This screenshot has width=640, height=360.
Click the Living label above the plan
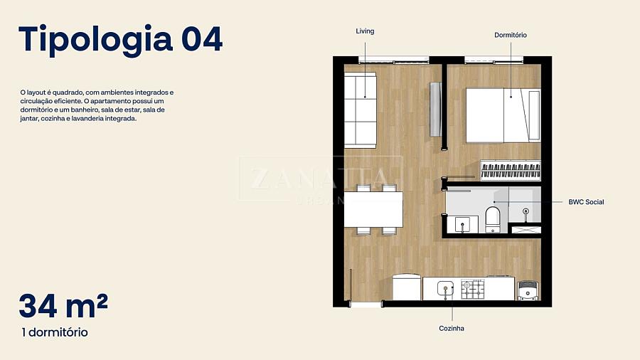point(365,31)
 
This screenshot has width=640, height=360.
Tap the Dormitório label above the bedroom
point(510,35)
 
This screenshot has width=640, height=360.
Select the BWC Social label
point(586,202)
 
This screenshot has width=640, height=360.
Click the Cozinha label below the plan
point(452,328)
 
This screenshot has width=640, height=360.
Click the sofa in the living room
point(360,110)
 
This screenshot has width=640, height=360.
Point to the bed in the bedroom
point(503,115)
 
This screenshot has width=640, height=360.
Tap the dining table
point(373,209)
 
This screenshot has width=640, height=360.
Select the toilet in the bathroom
point(493,220)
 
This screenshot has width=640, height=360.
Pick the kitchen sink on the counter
point(446,289)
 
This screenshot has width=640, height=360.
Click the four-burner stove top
point(473,289)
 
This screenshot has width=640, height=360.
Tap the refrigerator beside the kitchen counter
point(407,287)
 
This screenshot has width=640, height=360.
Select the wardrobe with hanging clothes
point(511,170)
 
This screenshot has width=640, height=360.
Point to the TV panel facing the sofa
point(435,110)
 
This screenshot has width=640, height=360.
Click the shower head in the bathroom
point(526,211)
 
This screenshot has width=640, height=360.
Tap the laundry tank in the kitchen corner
point(528,290)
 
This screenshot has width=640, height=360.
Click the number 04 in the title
point(202,39)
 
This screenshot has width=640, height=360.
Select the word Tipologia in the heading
point(95,40)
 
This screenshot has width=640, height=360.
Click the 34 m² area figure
point(63,306)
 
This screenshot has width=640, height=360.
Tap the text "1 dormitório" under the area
point(55,332)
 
